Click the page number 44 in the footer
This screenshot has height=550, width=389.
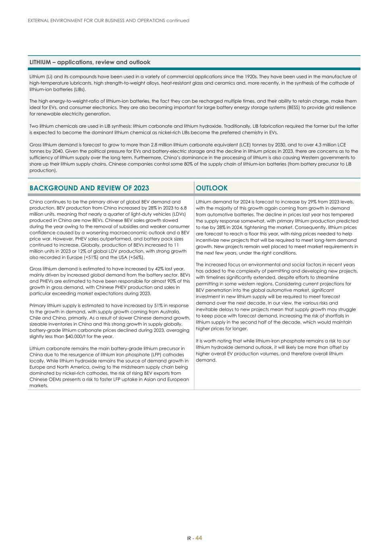199,538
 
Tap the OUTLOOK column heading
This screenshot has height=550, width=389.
212,188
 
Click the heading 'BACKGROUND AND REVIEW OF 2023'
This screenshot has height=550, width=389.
89,188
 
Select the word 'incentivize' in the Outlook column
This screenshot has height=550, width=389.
208,240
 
